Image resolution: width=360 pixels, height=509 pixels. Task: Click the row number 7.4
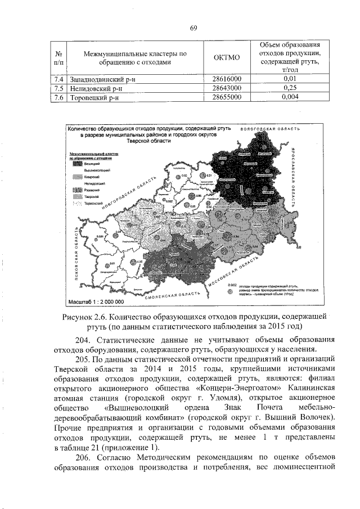(58, 79)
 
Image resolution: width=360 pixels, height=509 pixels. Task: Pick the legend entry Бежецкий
(92, 163)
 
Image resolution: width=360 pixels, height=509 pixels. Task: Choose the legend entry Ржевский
(92, 191)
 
